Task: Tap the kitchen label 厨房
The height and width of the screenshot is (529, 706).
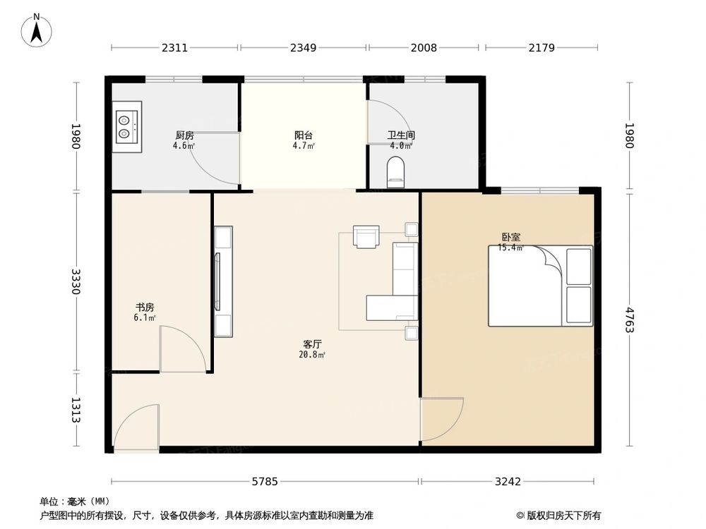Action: tap(184, 135)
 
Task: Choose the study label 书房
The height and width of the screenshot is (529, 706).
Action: tap(145, 308)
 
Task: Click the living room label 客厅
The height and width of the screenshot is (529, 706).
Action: tap(312, 344)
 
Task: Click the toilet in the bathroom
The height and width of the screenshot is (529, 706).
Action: tap(396, 172)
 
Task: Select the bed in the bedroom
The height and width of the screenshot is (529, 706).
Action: tap(540, 286)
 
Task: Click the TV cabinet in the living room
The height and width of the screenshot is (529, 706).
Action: tap(222, 281)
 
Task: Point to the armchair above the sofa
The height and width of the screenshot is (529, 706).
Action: tap(366, 237)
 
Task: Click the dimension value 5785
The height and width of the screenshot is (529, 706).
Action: tap(266, 482)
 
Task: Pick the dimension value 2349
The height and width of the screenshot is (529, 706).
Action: tap(303, 48)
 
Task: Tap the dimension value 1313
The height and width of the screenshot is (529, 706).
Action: tap(76, 410)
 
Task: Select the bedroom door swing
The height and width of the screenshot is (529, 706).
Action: tap(441, 419)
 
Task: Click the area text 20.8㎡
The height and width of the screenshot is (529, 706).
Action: tap(312, 355)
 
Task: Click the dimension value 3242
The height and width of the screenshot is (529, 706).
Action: tap(508, 482)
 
